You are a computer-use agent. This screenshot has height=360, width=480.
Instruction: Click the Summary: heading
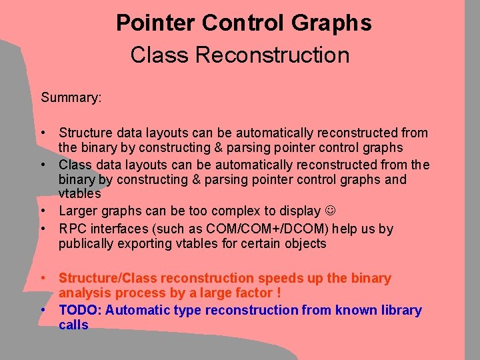tap(71, 98)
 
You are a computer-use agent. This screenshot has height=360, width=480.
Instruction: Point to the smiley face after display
tap(330, 211)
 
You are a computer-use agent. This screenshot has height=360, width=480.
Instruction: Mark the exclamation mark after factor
tap(278, 293)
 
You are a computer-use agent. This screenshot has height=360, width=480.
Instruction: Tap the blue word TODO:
tap(80, 310)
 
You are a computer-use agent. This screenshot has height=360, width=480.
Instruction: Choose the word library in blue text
tap(397, 310)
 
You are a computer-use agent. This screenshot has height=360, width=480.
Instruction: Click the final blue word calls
tap(73, 325)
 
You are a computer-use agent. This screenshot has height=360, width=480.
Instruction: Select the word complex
tap(219, 211)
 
